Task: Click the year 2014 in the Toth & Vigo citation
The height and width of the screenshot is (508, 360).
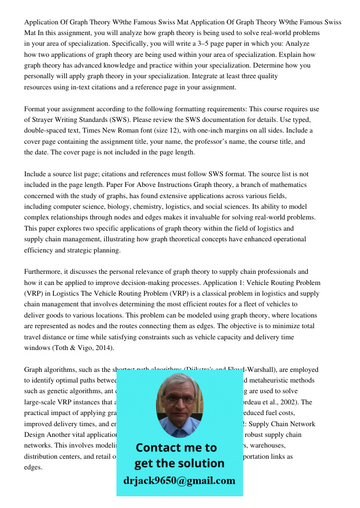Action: click(x=104, y=347)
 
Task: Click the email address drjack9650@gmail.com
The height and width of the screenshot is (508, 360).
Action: click(x=179, y=481)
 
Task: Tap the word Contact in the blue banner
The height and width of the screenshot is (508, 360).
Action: click(x=157, y=448)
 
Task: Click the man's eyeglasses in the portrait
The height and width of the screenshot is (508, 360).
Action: click(x=178, y=399)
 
